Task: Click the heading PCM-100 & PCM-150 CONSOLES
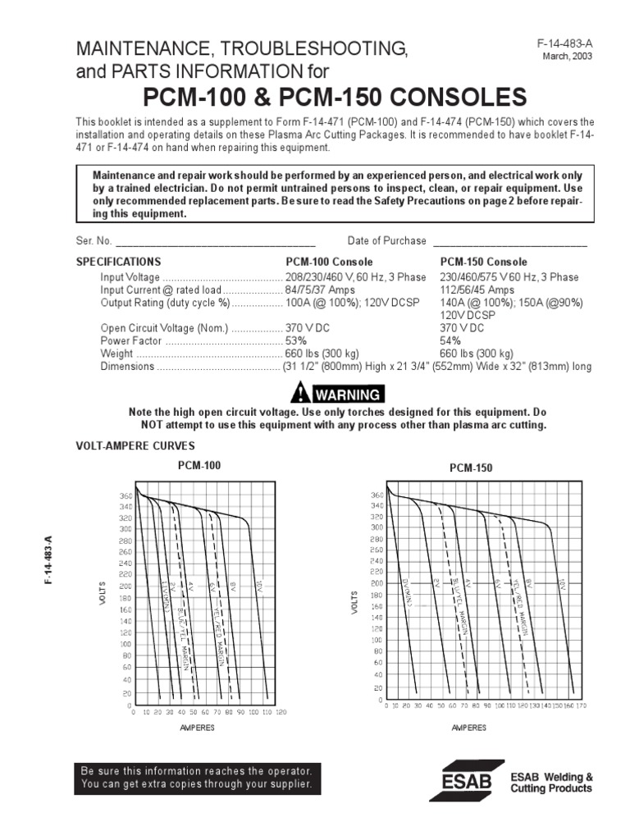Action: (335, 98)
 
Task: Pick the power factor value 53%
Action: (296, 340)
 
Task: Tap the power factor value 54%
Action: (451, 340)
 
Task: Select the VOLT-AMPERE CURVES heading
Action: (135, 446)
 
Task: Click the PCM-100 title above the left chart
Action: (199, 465)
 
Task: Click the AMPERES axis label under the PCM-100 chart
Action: (198, 728)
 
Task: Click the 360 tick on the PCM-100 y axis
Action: (126, 497)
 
